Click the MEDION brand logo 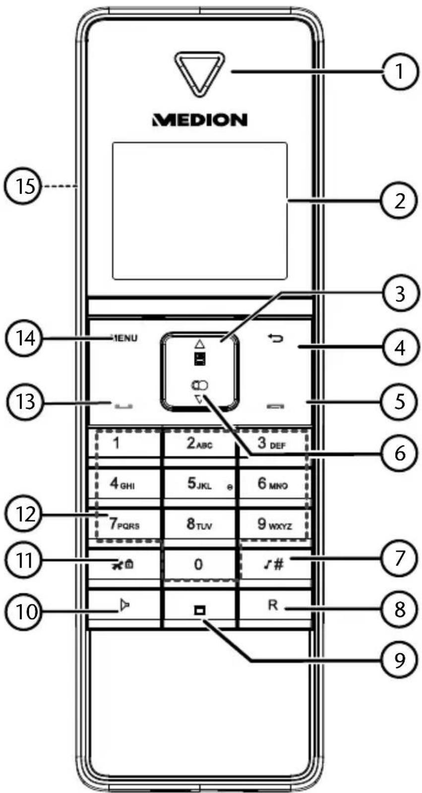pos(200,120)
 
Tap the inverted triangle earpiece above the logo pos(200,74)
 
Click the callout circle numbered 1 pos(400,71)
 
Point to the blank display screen pos(200,211)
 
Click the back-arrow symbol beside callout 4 pos(275,339)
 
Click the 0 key pos(199,564)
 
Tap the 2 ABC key pos(199,443)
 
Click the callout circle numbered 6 pos(400,453)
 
